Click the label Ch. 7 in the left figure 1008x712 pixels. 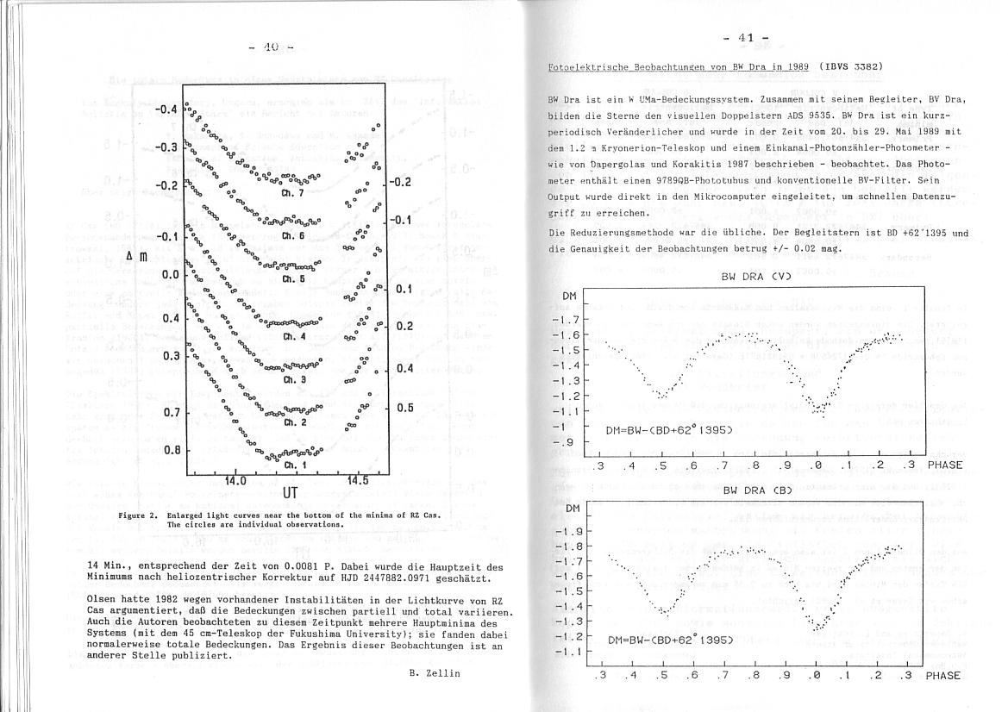click(294, 194)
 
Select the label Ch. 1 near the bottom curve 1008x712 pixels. click(295, 465)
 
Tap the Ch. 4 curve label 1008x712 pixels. click(295, 337)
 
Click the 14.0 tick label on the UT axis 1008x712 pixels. click(236, 480)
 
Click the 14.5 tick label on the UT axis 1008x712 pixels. click(358, 480)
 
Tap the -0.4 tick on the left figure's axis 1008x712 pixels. click(166, 109)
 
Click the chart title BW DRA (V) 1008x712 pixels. click(755, 278)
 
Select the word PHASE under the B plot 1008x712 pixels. click(942, 676)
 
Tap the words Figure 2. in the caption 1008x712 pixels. click(140, 515)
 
